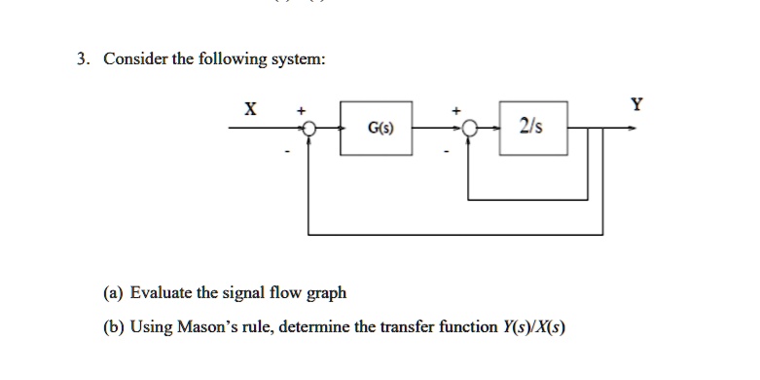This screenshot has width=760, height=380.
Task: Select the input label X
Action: click(250, 110)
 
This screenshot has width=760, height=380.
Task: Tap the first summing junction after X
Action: click(308, 129)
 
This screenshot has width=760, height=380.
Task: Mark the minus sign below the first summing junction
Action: click(287, 150)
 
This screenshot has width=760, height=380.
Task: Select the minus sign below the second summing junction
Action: click(448, 150)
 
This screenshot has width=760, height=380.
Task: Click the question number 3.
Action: click(84, 58)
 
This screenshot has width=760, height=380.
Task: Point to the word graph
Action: click(325, 293)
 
